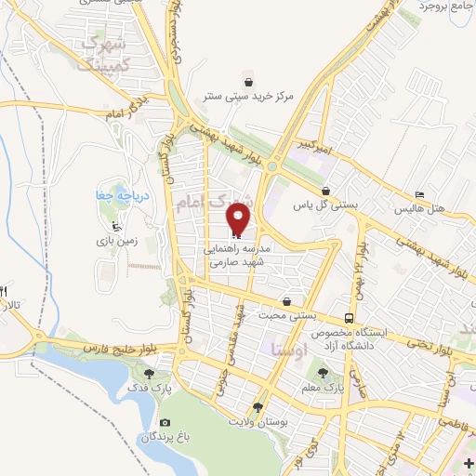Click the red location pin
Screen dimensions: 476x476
point(239,220)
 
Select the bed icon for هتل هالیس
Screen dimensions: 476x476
point(419,194)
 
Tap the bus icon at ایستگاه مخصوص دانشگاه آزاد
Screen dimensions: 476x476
point(350,317)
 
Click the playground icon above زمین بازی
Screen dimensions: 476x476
point(114,226)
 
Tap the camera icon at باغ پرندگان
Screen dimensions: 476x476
point(165,421)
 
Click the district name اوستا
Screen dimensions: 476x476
point(290,349)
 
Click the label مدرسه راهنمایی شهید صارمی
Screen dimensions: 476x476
point(240,257)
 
